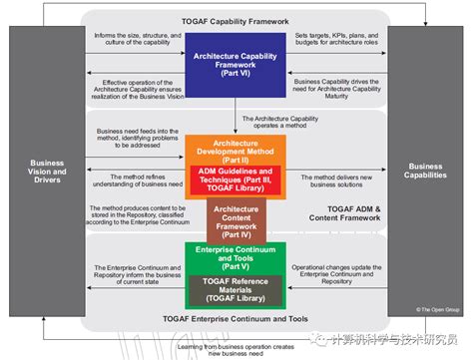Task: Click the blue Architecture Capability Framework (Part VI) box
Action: click(x=236, y=69)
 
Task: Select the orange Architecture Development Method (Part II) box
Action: click(x=236, y=152)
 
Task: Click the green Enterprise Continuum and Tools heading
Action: click(x=236, y=256)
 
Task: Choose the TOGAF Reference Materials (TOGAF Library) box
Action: click(x=236, y=288)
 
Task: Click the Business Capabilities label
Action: click(x=426, y=171)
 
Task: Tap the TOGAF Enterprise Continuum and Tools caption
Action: click(x=236, y=319)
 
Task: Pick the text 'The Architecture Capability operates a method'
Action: click(x=299, y=123)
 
